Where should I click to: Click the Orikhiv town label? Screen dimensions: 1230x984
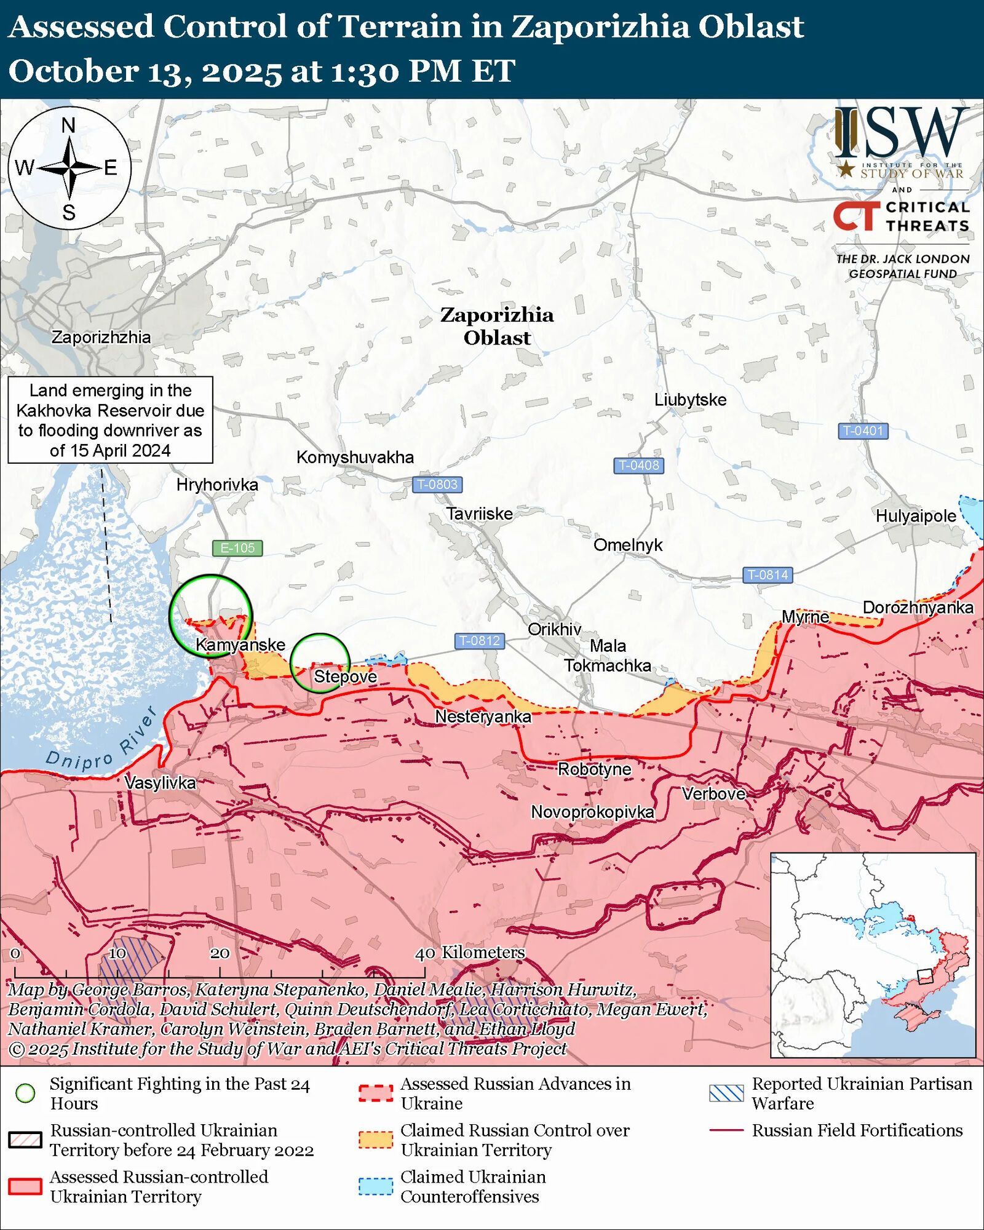click(554, 629)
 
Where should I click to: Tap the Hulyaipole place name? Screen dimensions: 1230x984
click(916, 516)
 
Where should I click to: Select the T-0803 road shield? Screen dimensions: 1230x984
click(437, 484)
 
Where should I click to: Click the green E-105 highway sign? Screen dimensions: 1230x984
click(237, 547)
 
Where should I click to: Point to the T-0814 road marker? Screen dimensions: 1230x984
click(768, 574)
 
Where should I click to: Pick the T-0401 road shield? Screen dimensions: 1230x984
click(863, 430)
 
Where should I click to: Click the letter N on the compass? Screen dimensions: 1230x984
click(68, 125)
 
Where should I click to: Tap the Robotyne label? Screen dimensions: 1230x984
click(594, 769)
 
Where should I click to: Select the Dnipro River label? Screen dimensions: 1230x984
click(102, 742)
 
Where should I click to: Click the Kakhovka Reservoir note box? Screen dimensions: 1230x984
click(110, 420)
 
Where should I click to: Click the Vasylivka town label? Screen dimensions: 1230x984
click(160, 782)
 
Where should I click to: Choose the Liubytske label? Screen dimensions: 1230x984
click(690, 400)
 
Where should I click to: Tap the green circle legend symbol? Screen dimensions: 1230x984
click(25, 1093)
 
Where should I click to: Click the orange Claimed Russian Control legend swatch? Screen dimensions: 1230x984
click(375, 1140)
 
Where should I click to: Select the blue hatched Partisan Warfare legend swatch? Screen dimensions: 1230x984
click(726, 1093)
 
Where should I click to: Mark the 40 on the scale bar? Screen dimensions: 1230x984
click(425, 954)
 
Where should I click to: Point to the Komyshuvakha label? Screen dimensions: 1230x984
click(355, 457)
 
